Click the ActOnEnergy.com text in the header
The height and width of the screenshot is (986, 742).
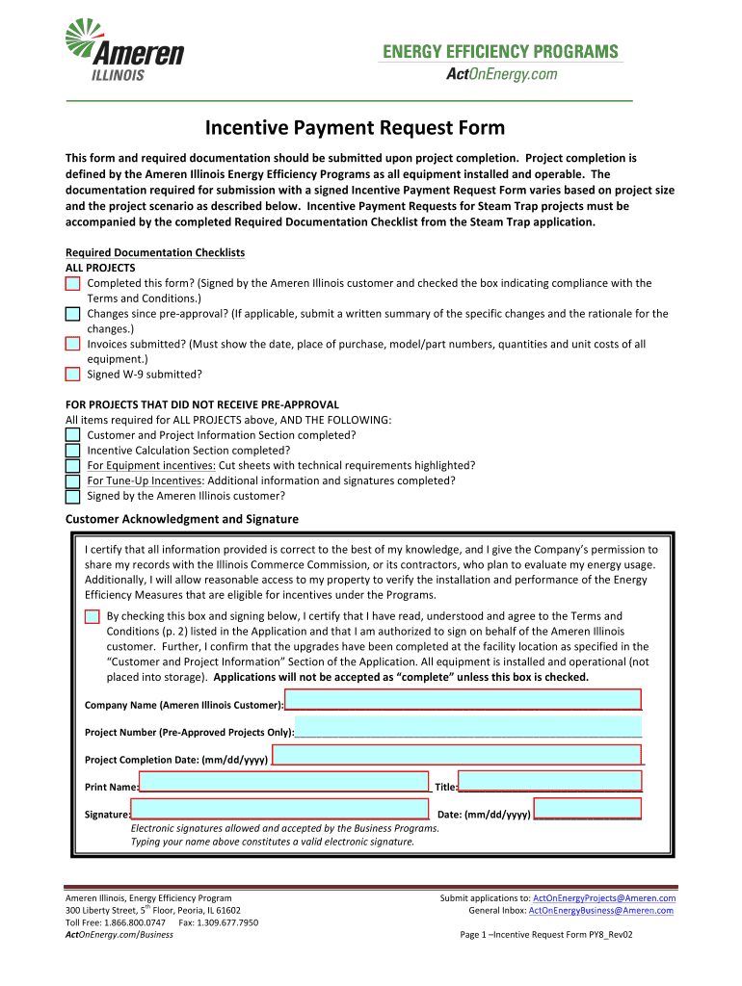click(x=501, y=74)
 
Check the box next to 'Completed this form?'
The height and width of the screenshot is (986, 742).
click(x=73, y=283)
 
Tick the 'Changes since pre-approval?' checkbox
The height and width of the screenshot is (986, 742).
click(x=73, y=314)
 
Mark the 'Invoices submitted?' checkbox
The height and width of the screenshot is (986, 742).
click(x=73, y=344)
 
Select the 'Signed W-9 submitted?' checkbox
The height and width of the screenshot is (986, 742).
click(x=73, y=375)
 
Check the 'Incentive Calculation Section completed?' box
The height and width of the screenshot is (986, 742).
click(x=73, y=451)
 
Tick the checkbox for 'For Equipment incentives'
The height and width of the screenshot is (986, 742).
click(x=73, y=466)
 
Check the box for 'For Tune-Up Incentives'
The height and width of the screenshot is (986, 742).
click(x=73, y=481)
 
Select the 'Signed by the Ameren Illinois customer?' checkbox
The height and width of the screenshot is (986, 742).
click(x=73, y=497)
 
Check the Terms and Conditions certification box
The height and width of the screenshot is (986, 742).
click(x=92, y=616)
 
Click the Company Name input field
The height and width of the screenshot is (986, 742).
click(x=463, y=700)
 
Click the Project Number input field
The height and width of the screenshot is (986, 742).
click(x=467, y=726)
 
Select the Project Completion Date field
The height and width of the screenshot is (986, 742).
click(x=457, y=754)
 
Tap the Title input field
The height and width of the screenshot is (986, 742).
click(x=549, y=781)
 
